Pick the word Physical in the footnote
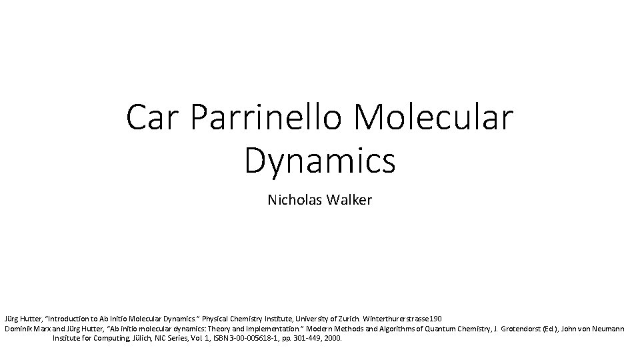(219, 319)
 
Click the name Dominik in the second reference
(19, 329)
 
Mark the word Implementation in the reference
(259, 329)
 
